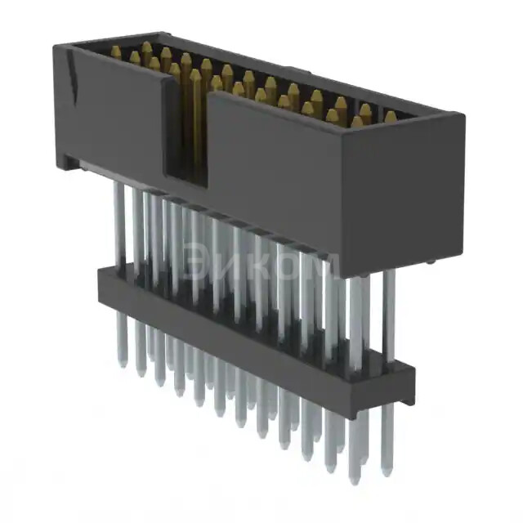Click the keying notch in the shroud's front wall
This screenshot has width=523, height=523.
(186, 131)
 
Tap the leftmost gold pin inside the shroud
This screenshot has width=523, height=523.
(116, 53)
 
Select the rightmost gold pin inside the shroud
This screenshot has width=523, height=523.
(390, 118)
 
